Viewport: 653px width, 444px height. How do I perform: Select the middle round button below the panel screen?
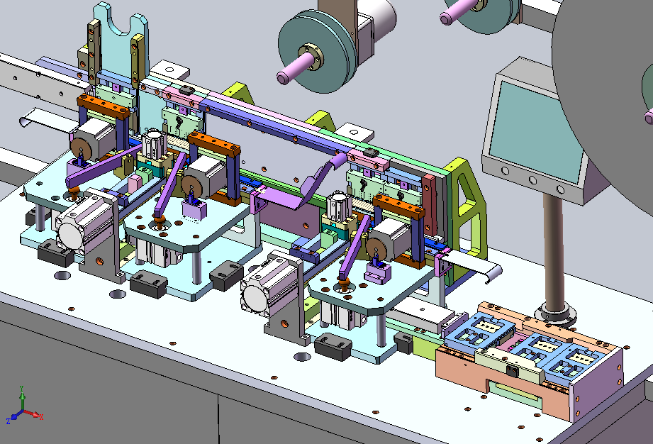click(x=532, y=180)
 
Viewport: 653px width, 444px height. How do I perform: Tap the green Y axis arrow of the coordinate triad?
click(x=22, y=397)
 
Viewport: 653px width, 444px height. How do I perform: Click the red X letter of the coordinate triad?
click(x=41, y=416)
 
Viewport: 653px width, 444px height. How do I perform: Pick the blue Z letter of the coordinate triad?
click(x=9, y=421)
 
